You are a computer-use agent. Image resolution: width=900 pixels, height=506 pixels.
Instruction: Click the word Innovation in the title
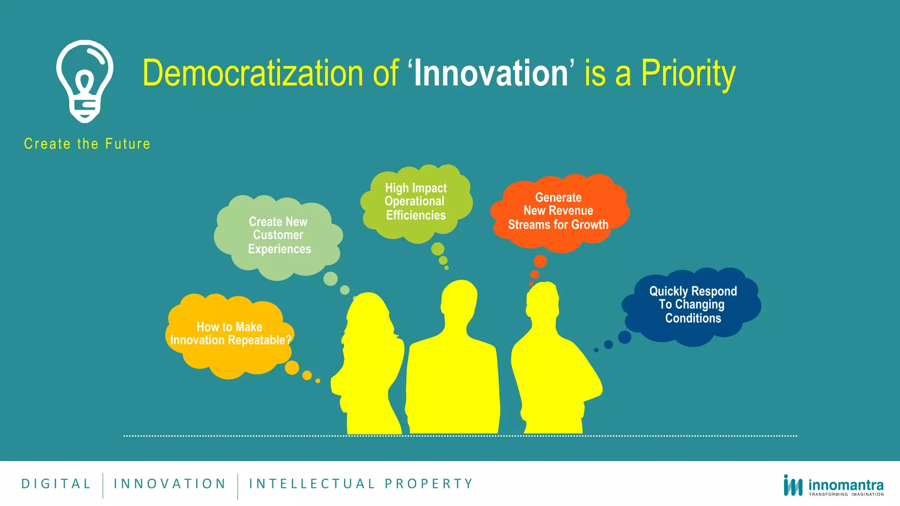coord(491,73)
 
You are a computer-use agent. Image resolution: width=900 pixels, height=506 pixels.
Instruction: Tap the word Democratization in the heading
coord(253,73)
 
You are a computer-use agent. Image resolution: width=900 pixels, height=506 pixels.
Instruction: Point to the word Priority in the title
coord(688,73)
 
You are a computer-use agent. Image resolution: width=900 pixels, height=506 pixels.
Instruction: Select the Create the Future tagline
coord(87,144)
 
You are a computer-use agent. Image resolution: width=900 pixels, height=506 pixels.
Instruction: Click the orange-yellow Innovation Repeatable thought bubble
coord(230,334)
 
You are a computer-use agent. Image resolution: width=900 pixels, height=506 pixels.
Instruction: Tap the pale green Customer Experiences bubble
coord(279,235)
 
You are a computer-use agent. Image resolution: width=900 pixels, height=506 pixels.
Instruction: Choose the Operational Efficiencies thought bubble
coord(416,202)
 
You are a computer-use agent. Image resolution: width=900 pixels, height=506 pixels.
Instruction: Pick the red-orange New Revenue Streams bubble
coord(559,212)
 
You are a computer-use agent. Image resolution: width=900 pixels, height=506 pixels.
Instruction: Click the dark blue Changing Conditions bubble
coord(693,305)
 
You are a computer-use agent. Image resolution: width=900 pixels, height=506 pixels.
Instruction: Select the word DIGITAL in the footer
coord(56,484)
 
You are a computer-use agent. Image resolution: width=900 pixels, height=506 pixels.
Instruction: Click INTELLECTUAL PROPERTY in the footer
coord(361,484)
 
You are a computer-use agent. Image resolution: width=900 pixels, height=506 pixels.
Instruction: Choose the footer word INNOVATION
coord(170,484)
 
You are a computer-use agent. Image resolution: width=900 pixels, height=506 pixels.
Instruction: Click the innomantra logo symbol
coord(793,486)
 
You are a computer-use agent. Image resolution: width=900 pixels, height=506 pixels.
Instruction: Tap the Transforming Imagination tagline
coord(846,495)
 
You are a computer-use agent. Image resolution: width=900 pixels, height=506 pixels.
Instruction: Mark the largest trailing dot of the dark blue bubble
coord(624,337)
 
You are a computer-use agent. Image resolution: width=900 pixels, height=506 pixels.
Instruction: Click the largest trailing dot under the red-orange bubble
coord(540,261)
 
